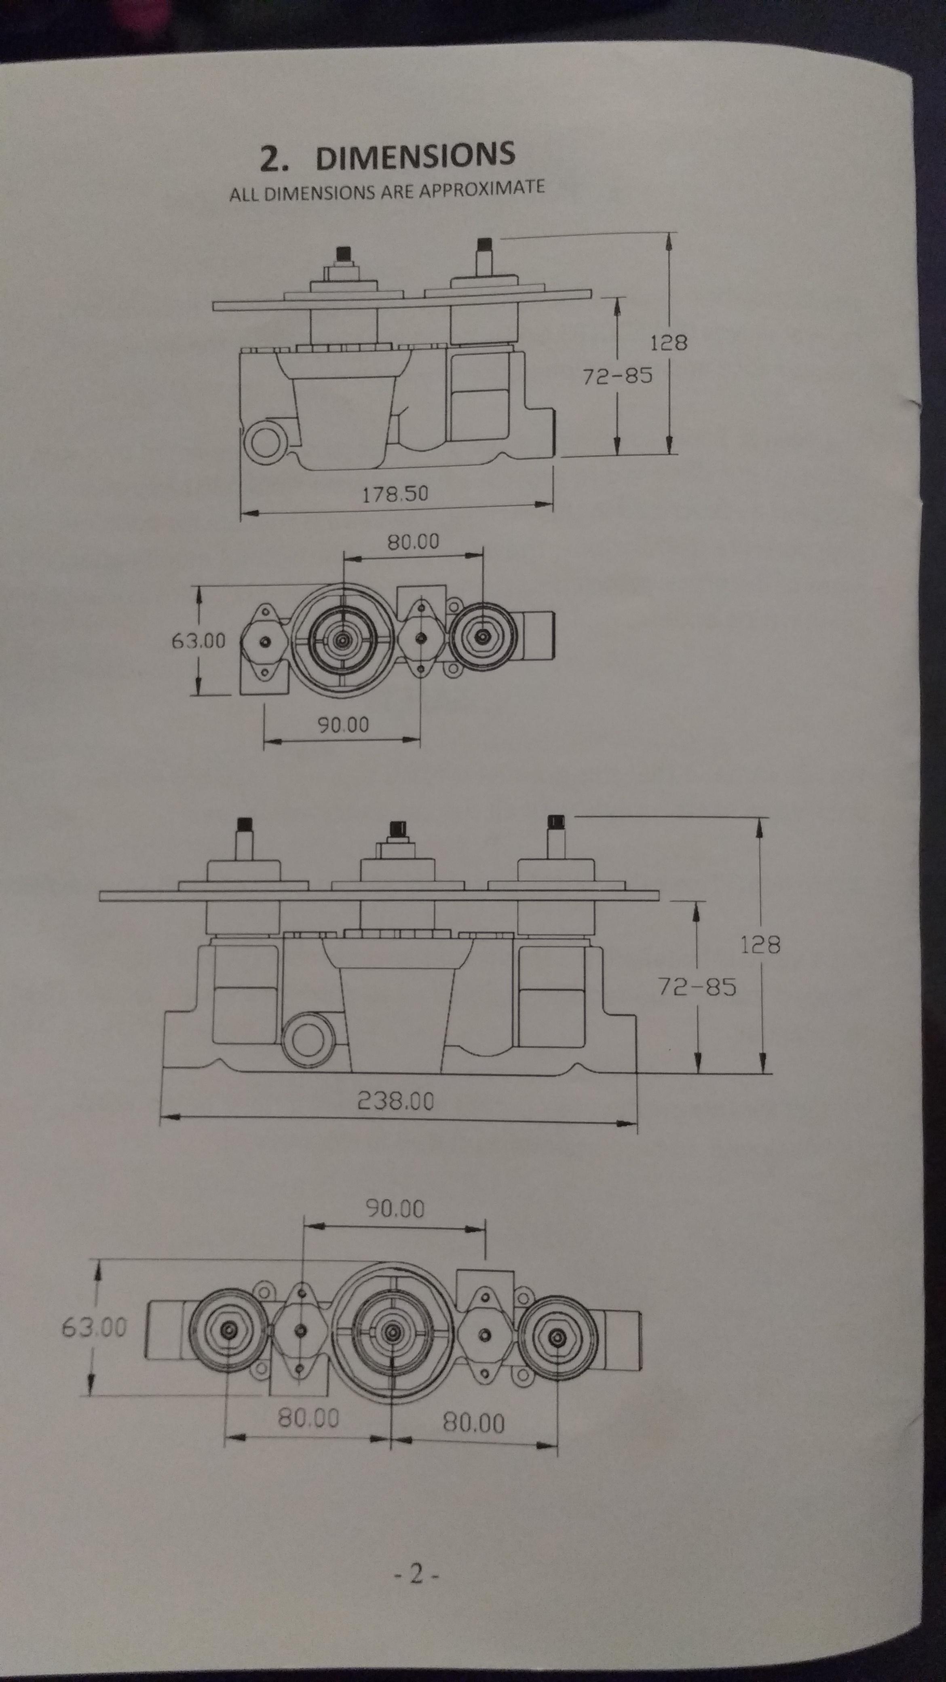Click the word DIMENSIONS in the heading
[x=415, y=157]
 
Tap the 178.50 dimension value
[x=396, y=494]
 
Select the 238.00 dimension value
[x=396, y=1101]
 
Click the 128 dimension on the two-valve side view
[x=669, y=342]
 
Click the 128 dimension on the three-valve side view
[x=760, y=945]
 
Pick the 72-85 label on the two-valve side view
[x=618, y=376]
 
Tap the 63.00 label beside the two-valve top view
[x=198, y=640]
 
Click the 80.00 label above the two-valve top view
[x=413, y=541]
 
